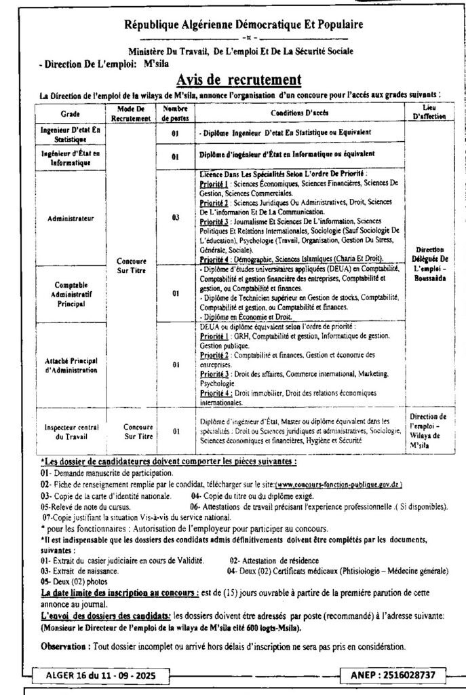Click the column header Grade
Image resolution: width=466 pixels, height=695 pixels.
pyautogui.click(x=70, y=113)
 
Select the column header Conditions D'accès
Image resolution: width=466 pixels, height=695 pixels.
pyautogui.click(x=300, y=112)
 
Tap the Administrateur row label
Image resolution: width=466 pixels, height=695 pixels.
pyautogui.click(x=71, y=219)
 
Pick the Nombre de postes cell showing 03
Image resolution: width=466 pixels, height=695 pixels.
pyautogui.click(x=174, y=219)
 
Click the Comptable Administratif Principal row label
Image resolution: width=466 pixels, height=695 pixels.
pyautogui.click(x=71, y=295)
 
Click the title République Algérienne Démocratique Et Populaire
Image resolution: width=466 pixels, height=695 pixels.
pyautogui.click(x=243, y=24)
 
